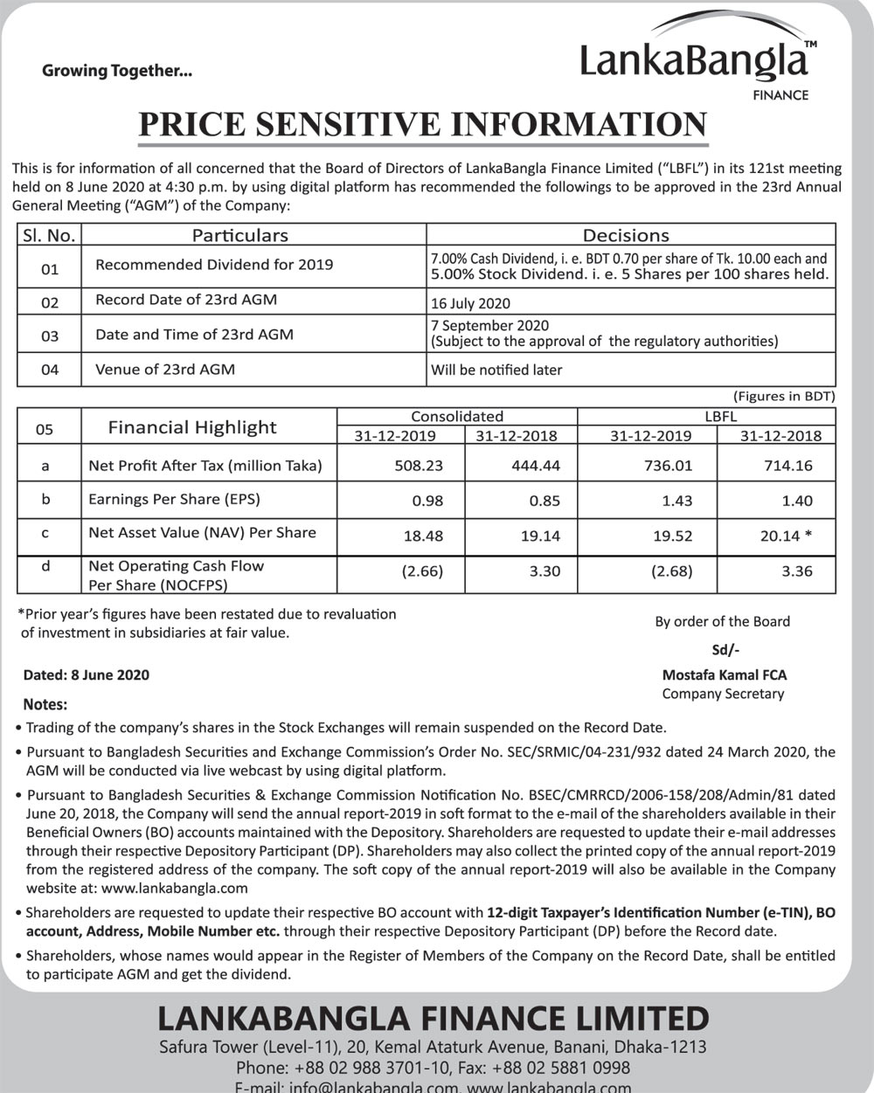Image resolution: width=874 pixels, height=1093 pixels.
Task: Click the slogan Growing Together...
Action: [116, 72]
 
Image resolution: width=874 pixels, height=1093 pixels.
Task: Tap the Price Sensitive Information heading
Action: [422, 124]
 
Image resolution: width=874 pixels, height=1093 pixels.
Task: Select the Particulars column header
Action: [239, 235]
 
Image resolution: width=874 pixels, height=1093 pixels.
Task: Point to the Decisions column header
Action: [625, 235]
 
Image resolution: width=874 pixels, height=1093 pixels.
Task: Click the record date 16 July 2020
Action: [470, 304]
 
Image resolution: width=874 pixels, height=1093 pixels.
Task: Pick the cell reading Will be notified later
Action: [496, 370]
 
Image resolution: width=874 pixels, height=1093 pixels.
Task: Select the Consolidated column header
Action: [457, 416]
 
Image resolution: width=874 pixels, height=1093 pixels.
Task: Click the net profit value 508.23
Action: [419, 466]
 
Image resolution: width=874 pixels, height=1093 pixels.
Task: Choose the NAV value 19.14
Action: [540, 536]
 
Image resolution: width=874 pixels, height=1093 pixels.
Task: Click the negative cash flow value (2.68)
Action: [671, 571]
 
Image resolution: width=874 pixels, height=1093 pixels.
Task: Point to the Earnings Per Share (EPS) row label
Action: [174, 499]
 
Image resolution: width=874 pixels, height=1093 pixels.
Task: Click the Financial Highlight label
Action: [191, 427]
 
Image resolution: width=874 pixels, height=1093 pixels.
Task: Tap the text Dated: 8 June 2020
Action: [87, 674]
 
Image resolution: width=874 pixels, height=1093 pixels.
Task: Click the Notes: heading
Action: [45, 704]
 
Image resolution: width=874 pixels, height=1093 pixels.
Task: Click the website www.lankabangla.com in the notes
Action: [175, 888]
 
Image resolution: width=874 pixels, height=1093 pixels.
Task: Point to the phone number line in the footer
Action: [433, 1068]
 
